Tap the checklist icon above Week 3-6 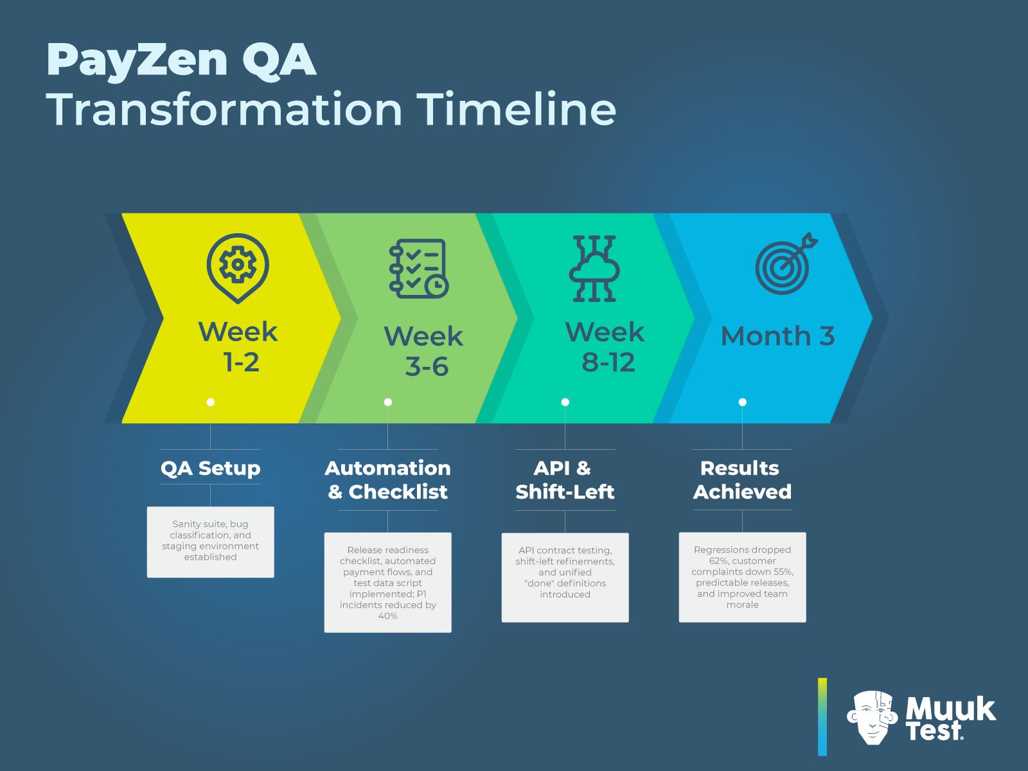(418, 269)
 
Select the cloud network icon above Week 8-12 (594, 269)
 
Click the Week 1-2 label (238, 347)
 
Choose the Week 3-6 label (423, 351)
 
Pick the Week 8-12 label (605, 347)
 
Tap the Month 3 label (777, 336)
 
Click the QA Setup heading (210, 468)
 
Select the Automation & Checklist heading (387, 479)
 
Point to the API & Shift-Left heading (565, 479)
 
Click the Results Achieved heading (742, 479)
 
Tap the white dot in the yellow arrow (211, 402)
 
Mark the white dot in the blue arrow (743, 402)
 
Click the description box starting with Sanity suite (210, 541)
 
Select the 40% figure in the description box (387, 616)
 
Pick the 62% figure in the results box (718, 561)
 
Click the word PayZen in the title (137, 60)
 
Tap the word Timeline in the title (517, 109)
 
